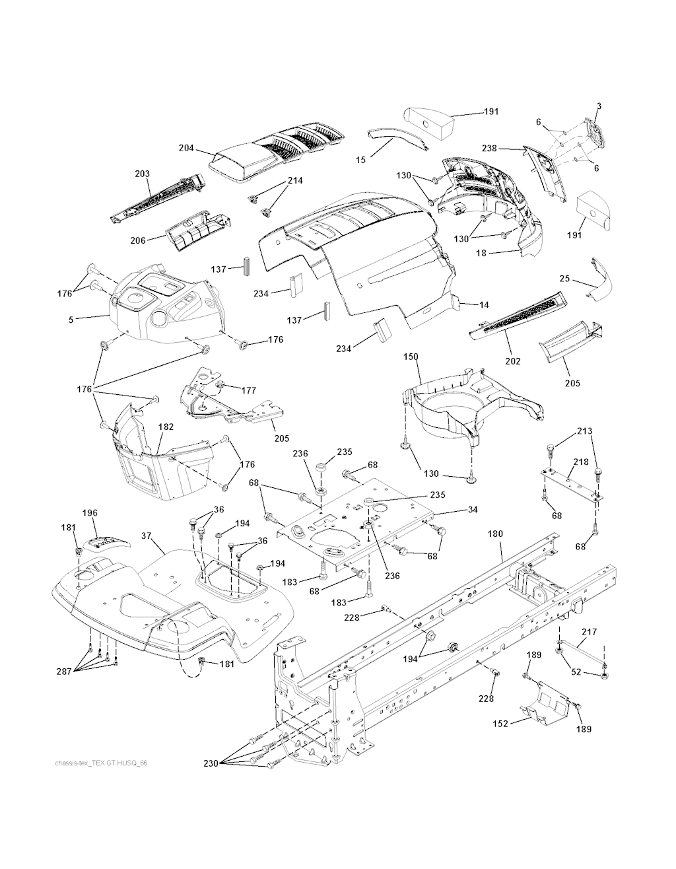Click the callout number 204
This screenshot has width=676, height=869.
(186, 148)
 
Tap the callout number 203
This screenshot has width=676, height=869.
(142, 174)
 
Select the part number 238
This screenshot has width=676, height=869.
(507, 149)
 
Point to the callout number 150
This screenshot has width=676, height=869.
(411, 357)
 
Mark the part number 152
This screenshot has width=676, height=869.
(500, 724)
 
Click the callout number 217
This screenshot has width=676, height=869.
(589, 632)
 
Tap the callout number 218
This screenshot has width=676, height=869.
(580, 462)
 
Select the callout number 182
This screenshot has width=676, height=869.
(166, 427)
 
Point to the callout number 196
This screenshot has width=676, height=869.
(90, 512)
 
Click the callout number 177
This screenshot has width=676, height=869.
(248, 390)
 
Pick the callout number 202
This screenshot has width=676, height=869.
(512, 361)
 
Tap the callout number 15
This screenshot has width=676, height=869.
(360, 160)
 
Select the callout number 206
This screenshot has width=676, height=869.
(137, 240)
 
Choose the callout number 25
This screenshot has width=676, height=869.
(564, 279)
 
